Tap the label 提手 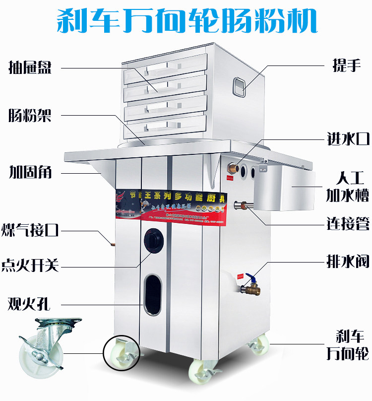[x=346, y=66]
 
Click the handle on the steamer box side [x=241, y=86]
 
